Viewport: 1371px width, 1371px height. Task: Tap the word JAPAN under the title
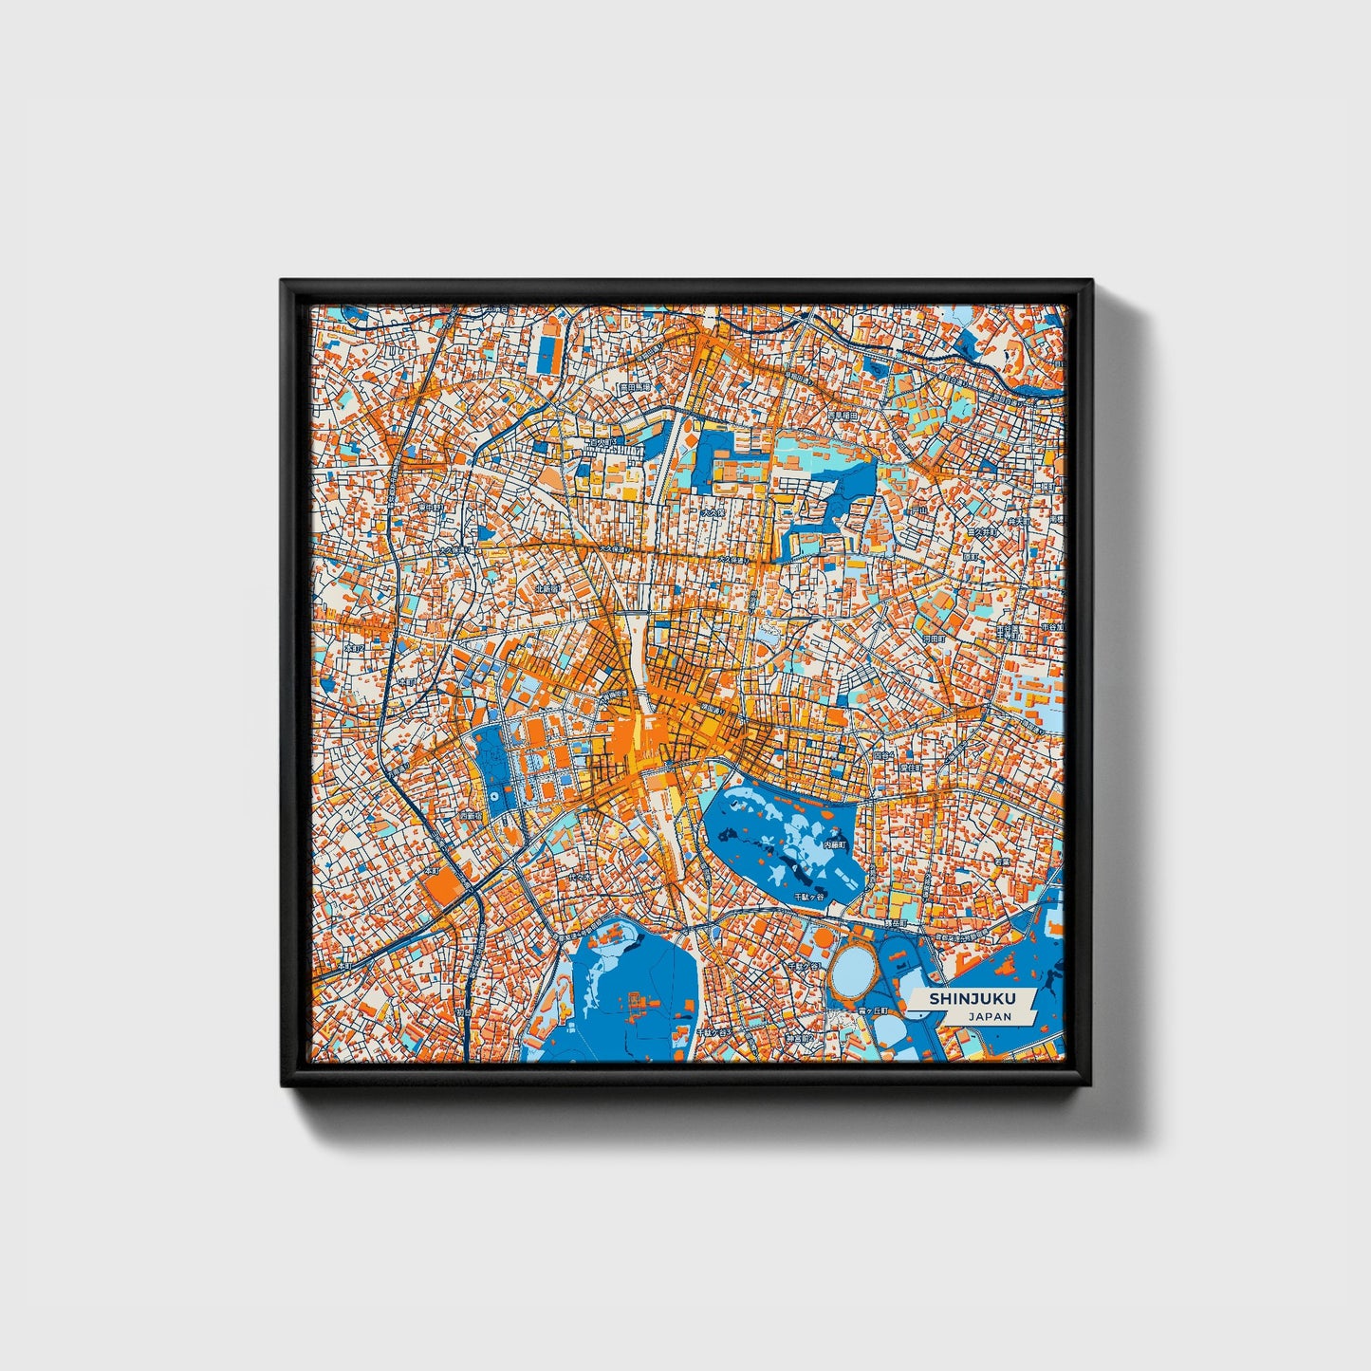pyautogui.click(x=990, y=1016)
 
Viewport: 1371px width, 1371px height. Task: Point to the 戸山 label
pyautogui.click(x=917, y=511)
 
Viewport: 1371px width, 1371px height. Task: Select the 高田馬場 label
pyautogui.click(x=633, y=387)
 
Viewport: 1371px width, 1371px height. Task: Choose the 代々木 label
pyautogui.click(x=581, y=880)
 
